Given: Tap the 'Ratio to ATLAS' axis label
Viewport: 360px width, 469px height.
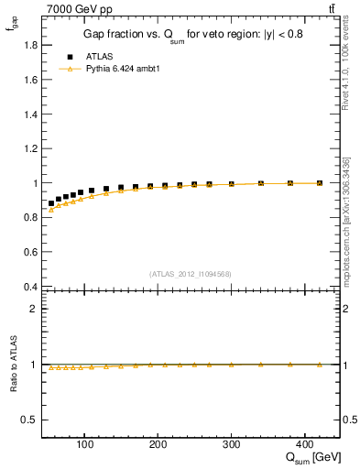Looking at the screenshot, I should point(13,365).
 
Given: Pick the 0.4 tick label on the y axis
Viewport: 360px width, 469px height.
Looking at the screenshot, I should point(30,287).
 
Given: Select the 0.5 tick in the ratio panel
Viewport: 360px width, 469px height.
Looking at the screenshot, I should point(30,420).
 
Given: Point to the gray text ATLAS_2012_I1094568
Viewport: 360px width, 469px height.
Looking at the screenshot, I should point(191,273).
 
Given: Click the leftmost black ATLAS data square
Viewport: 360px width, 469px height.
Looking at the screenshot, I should point(51,203).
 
